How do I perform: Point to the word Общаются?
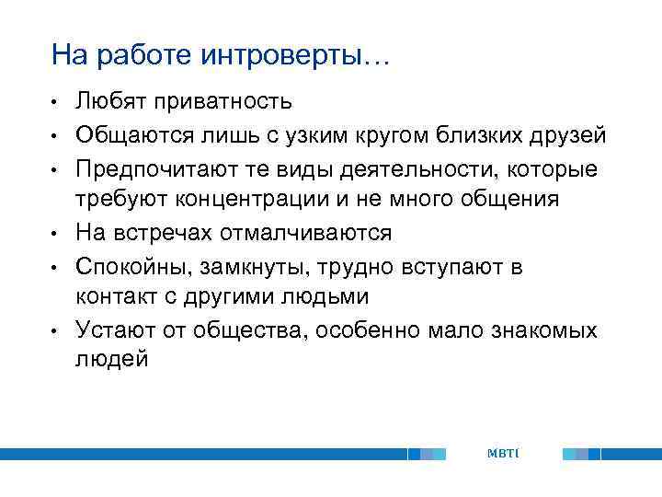pos(131,137)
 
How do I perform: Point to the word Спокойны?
pos(136,266)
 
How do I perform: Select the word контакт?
pos(115,298)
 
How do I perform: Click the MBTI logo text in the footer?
pos(503,454)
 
